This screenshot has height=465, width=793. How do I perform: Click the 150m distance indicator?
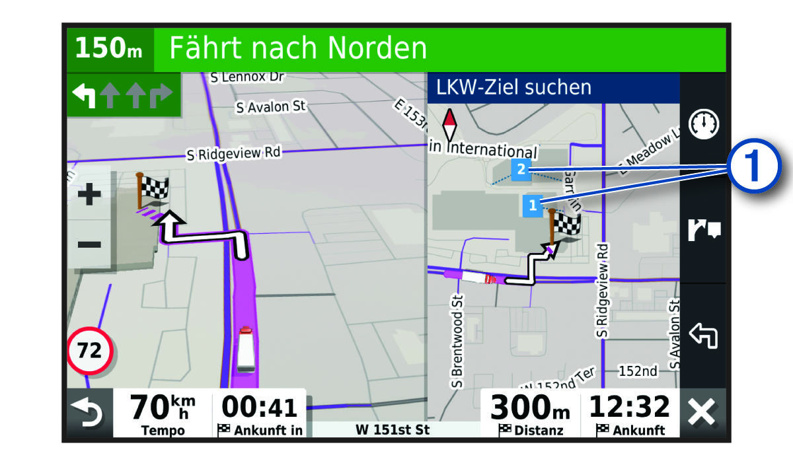tap(109, 50)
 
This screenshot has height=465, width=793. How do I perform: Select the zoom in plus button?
tap(89, 194)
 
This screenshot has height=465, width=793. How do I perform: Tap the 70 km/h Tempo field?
tap(163, 413)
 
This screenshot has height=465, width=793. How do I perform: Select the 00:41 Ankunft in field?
tap(260, 413)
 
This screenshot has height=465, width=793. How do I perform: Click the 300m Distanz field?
tap(530, 413)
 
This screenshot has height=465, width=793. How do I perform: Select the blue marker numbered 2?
tap(521, 170)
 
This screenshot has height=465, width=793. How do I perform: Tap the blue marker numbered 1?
tap(533, 205)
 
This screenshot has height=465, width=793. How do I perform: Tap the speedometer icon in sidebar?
tap(703, 124)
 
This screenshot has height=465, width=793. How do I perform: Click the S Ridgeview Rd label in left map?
tap(233, 153)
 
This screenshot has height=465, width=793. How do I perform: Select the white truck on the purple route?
tap(245, 348)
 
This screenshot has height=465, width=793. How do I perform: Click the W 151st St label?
tap(393, 429)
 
